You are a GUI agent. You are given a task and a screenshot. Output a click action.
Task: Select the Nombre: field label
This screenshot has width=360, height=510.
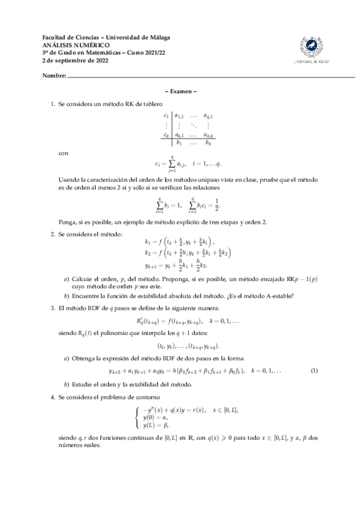[53, 77]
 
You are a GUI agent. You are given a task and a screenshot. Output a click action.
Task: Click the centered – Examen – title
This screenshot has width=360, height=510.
[180, 91]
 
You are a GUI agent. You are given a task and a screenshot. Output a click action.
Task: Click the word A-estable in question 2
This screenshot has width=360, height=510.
[276, 295]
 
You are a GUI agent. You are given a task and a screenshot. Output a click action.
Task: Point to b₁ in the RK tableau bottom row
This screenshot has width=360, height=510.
[179, 143]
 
